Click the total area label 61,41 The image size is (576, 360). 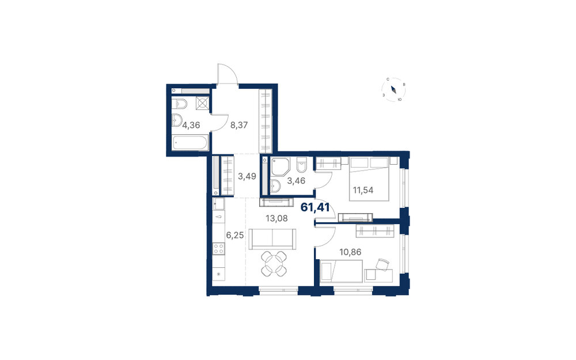pyautogui.click(x=315, y=207)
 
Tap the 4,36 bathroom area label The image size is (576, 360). pyautogui.click(x=191, y=125)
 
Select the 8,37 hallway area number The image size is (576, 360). pyautogui.click(x=239, y=125)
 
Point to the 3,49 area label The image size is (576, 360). pyautogui.click(x=247, y=176)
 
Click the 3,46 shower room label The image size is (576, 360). pyautogui.click(x=296, y=181)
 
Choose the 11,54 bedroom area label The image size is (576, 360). pyautogui.click(x=363, y=190)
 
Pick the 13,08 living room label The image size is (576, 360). pyautogui.click(x=276, y=218)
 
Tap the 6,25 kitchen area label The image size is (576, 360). pyautogui.click(x=235, y=235)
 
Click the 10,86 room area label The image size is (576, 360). pyautogui.click(x=350, y=252)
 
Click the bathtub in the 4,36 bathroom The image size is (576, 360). pyautogui.click(x=190, y=142)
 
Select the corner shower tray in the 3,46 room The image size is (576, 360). pyautogui.click(x=281, y=166)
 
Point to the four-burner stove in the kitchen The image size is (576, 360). pyautogui.click(x=219, y=249)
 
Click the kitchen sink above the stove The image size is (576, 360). pyautogui.click(x=219, y=204)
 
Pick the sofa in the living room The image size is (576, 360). pyautogui.click(x=272, y=238)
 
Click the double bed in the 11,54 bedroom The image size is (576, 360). pyautogui.click(x=369, y=179)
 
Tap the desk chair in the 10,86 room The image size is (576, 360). pyautogui.click(x=382, y=264)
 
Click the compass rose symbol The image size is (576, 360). pyautogui.click(x=393, y=89)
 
